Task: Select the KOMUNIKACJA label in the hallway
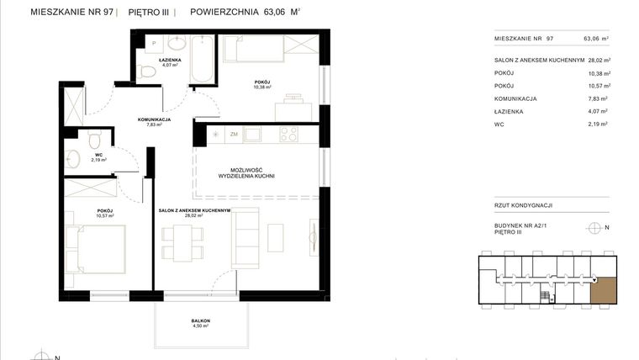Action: (x=154, y=119)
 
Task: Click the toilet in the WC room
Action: (x=95, y=139)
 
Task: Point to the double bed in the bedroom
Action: (x=99, y=251)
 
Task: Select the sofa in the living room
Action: (x=246, y=237)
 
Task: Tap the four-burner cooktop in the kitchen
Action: (x=288, y=133)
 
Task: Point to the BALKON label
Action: (x=199, y=321)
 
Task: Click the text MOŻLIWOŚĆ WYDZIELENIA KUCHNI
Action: (x=247, y=172)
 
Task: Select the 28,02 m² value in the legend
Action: (x=596, y=61)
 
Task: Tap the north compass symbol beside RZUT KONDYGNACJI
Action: (x=595, y=227)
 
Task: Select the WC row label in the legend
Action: (x=499, y=124)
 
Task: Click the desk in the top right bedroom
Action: (x=292, y=106)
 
